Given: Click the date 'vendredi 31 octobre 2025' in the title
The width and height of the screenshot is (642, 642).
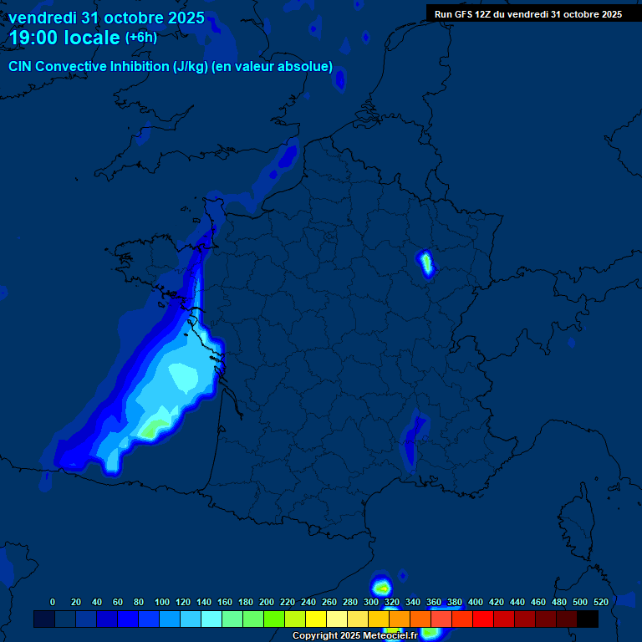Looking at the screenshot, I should click(106, 18).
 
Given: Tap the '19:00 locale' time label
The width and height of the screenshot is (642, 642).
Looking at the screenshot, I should click(64, 38).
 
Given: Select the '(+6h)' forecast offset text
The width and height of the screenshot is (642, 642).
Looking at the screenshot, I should click(140, 38).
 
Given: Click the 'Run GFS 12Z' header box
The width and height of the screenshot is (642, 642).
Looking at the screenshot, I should click(527, 14).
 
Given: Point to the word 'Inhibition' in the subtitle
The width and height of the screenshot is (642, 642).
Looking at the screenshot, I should click(138, 67).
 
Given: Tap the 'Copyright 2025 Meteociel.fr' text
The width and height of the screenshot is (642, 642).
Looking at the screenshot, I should click(354, 636).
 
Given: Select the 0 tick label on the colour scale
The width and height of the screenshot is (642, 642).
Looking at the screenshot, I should click(53, 602).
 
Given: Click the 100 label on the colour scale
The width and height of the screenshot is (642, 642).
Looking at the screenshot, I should click(162, 602).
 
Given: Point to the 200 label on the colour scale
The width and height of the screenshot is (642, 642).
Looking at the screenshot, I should click(267, 602).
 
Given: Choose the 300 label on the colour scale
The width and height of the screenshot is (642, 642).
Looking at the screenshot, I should click(371, 602).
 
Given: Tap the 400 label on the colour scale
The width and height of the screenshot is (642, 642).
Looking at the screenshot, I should click(476, 602).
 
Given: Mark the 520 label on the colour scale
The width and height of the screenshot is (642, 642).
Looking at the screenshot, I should click(601, 602).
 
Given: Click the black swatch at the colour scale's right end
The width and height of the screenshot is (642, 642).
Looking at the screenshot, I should click(588, 619).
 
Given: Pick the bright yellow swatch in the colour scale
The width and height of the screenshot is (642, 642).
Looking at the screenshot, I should click(316, 619).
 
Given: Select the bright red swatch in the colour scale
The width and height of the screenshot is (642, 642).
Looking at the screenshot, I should click(483, 619).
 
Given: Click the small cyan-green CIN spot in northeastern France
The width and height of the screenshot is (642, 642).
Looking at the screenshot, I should click(426, 262).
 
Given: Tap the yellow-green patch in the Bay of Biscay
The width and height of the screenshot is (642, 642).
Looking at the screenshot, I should click(152, 430).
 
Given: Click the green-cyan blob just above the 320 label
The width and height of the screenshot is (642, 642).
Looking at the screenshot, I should click(381, 587).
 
